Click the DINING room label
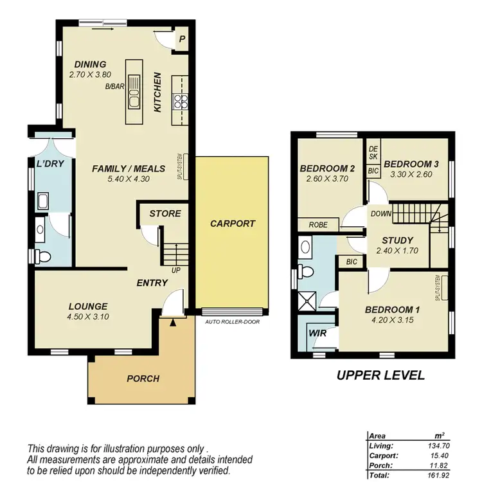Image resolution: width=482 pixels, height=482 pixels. (x=90, y=64)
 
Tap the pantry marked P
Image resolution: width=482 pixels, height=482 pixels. (x=182, y=39)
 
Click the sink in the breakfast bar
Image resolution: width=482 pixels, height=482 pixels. (x=134, y=91)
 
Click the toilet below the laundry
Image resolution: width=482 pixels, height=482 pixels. (x=44, y=256)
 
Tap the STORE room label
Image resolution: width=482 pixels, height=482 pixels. (x=165, y=213)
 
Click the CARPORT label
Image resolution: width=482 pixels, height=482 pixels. (x=233, y=224)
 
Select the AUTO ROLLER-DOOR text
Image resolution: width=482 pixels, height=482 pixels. (x=233, y=321)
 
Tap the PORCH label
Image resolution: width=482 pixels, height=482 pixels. (x=143, y=379)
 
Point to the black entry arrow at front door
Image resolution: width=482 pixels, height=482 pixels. (x=172, y=323)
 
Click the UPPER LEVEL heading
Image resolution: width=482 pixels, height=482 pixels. (x=380, y=375)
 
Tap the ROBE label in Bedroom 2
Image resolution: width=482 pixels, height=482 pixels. (x=318, y=225)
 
